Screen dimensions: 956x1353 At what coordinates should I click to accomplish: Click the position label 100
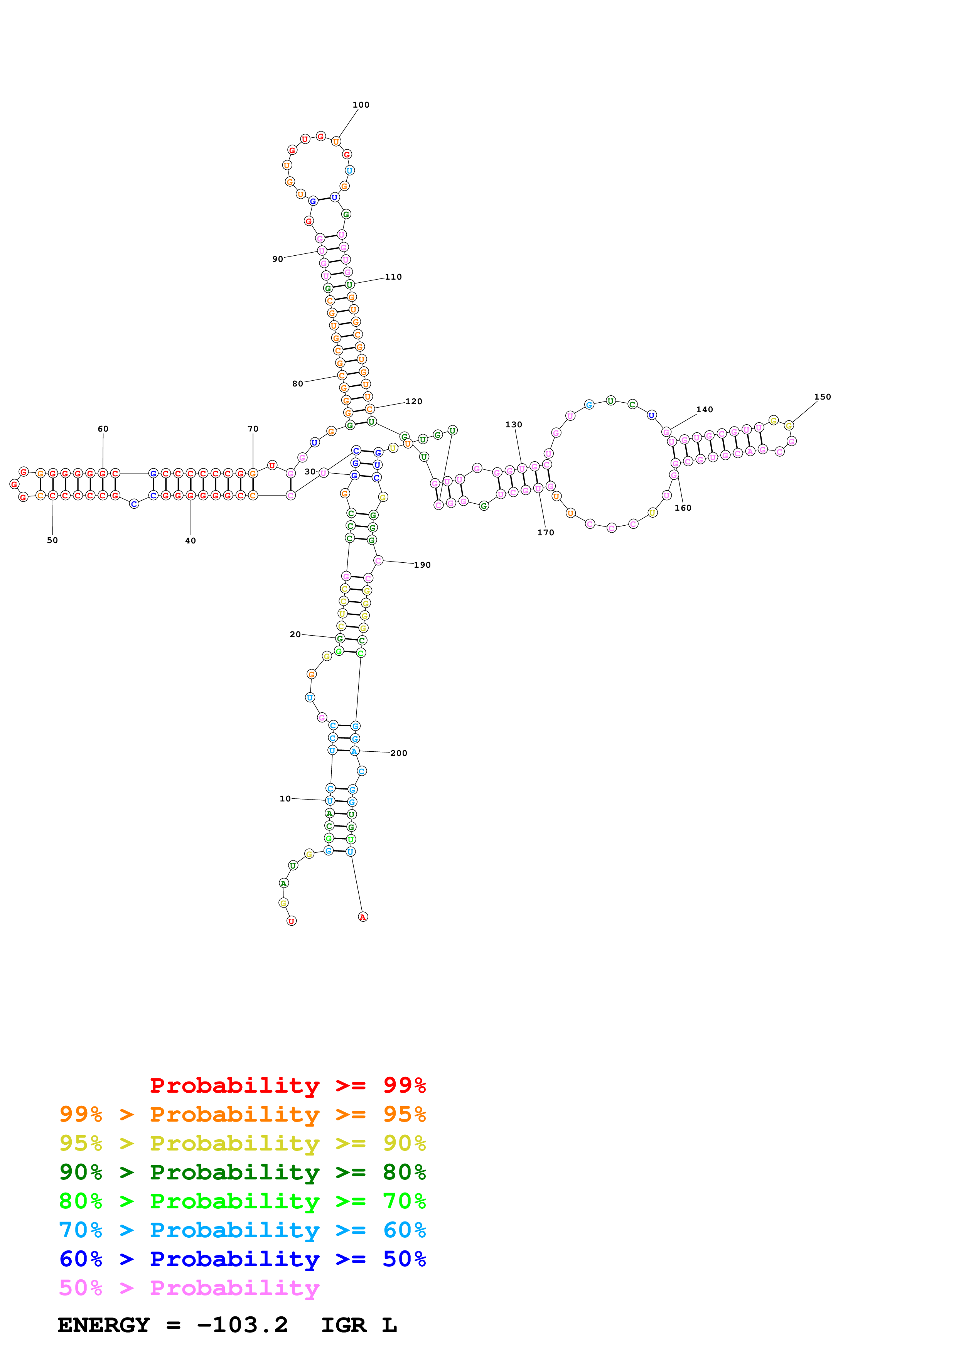(x=361, y=105)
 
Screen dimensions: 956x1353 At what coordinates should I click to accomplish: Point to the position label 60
(x=103, y=429)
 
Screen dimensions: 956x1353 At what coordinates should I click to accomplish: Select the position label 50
(x=52, y=540)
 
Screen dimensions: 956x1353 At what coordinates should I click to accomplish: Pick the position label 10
(x=285, y=798)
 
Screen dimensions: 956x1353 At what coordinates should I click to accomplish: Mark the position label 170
(x=545, y=532)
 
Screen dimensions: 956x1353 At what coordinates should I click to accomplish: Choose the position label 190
(x=422, y=565)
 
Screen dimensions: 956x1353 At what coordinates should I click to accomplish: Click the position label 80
(x=297, y=384)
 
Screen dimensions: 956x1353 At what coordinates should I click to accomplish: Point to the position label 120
(x=413, y=401)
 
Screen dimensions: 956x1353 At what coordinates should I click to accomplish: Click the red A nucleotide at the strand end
(x=363, y=916)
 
